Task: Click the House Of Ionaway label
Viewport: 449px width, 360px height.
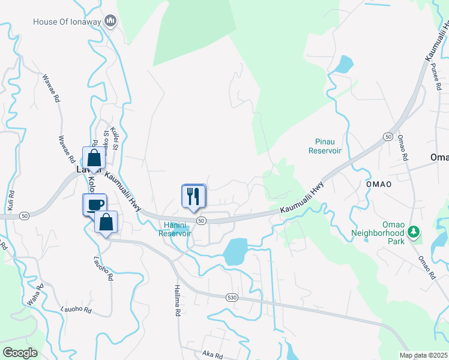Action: (x=67, y=22)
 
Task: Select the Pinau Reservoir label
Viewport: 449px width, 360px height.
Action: (x=325, y=146)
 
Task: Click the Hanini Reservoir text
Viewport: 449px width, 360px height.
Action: (x=175, y=229)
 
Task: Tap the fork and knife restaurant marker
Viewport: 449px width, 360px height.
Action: (x=193, y=196)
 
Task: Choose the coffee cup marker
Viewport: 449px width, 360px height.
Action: (x=94, y=204)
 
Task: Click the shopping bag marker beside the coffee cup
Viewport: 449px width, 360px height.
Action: (x=106, y=222)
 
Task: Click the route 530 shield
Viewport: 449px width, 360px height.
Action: (x=233, y=298)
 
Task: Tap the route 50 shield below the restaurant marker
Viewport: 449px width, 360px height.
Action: (x=202, y=221)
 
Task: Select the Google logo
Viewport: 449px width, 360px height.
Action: (x=19, y=353)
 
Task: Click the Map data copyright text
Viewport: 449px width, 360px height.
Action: (x=424, y=355)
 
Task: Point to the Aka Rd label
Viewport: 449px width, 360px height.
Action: (x=212, y=355)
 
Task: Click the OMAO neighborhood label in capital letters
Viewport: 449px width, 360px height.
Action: (x=379, y=184)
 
